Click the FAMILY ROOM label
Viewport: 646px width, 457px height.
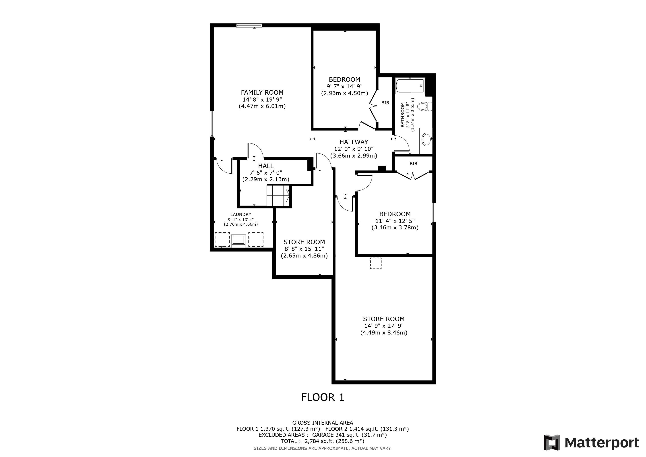262,92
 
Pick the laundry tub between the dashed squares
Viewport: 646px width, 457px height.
239,240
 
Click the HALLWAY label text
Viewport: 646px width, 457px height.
354,142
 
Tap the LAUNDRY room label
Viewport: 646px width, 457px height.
241,214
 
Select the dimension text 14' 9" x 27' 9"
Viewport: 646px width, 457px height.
384,326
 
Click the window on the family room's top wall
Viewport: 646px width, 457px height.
249,26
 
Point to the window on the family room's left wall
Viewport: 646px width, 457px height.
212,124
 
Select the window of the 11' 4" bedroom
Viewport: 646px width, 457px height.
434,212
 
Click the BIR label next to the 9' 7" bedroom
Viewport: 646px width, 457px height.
385,103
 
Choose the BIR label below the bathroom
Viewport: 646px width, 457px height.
414,164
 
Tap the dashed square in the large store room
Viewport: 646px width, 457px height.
376,263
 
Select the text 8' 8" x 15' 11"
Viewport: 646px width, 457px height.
304,249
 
